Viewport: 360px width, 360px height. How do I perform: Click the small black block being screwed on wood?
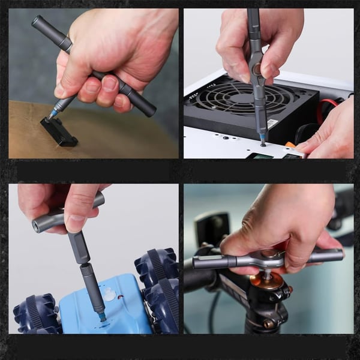point(59,131)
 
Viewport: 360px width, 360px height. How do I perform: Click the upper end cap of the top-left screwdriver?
point(38,23)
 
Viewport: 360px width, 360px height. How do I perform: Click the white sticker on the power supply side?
point(272,124)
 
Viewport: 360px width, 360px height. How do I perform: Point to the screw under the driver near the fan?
point(263,143)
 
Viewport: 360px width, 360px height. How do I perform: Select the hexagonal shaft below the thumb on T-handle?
point(79,246)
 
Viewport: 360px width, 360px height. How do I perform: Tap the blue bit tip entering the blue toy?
point(101,315)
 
